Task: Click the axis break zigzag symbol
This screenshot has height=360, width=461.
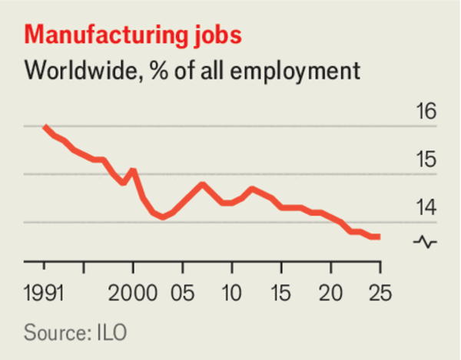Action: coord(424,243)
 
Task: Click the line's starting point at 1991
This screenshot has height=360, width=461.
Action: coord(45,127)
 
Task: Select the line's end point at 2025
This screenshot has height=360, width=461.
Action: coord(379,236)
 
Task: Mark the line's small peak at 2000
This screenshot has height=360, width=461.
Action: coord(133,170)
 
